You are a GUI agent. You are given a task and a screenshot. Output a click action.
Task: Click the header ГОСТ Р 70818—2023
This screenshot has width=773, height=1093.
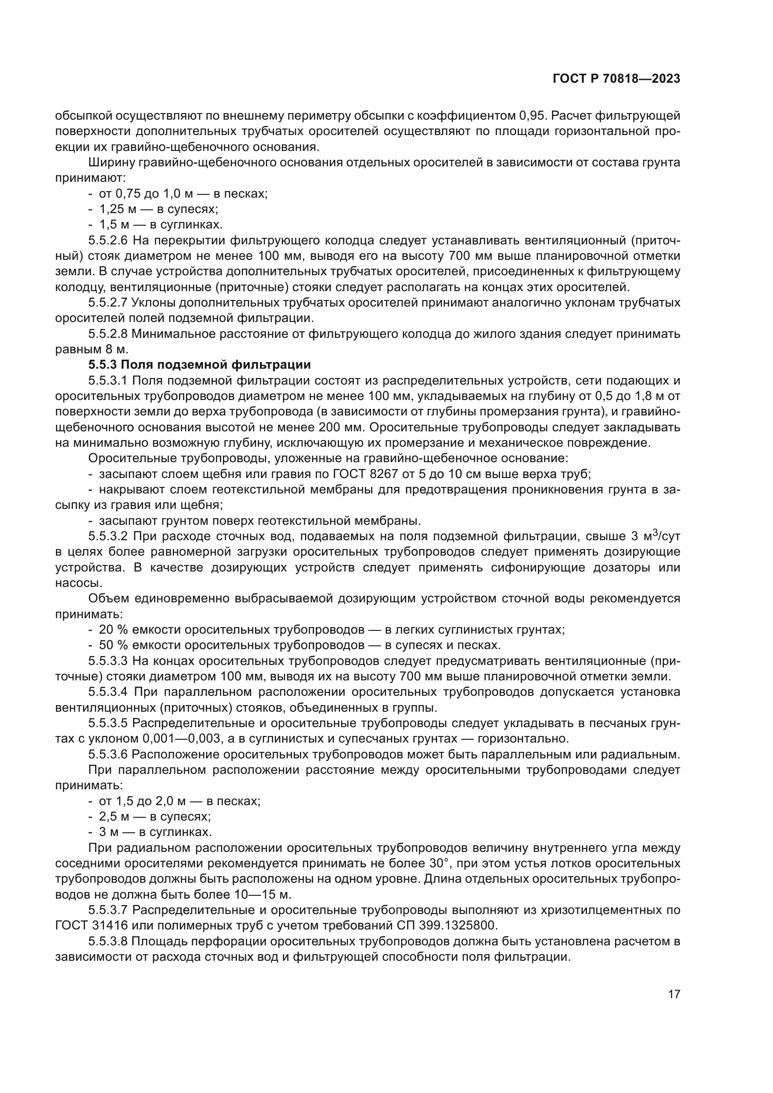[x=616, y=79]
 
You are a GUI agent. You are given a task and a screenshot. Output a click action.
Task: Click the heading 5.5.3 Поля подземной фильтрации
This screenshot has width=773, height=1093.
[x=200, y=364]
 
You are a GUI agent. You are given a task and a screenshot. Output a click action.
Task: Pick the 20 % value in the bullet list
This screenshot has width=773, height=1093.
[x=113, y=630]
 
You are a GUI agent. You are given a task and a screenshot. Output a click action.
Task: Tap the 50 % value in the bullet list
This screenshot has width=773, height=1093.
[x=113, y=645]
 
